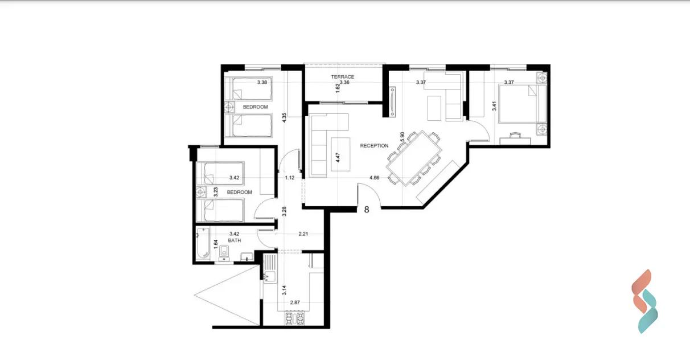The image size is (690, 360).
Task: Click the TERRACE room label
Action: coord(343,77)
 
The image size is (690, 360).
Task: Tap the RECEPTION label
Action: coord(374,146)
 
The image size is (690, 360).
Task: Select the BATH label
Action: coord(235,240)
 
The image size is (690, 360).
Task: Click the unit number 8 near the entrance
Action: coord(367,210)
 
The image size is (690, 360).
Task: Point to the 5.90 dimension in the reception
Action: coord(402,137)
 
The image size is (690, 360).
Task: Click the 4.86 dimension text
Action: coord(374,178)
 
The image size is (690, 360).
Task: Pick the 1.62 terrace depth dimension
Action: coord(338,88)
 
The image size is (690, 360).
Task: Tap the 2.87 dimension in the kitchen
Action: coord(295,302)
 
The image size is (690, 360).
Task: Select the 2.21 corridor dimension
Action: coord(303,234)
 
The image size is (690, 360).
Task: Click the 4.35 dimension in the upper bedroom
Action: coord(284,118)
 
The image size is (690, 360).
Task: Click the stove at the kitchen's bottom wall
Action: coord(295,318)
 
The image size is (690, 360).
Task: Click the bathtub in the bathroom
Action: coord(203,243)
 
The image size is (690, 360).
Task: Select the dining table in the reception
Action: coord(414,158)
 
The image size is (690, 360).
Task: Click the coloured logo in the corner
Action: coord(644,301)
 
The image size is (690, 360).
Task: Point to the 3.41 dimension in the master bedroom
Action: coord(494,106)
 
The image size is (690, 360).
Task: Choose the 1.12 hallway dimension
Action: coord(290,178)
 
